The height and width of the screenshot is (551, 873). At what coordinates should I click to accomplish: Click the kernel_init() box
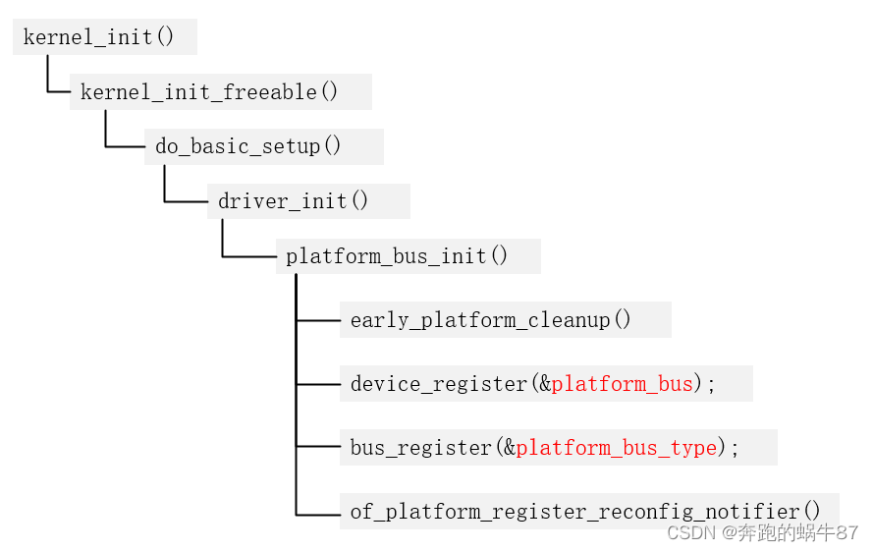pyautogui.click(x=99, y=37)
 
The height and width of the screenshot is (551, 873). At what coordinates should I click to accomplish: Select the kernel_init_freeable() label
pyautogui.click(x=209, y=92)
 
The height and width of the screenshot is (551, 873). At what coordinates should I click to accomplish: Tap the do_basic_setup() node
pyautogui.click(x=248, y=147)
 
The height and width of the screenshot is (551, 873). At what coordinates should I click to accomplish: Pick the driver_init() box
pyautogui.click(x=294, y=201)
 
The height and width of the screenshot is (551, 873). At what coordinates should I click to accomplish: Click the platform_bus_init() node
pyautogui.click(x=398, y=256)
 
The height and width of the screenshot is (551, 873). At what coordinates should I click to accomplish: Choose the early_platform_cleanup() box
pyautogui.click(x=491, y=320)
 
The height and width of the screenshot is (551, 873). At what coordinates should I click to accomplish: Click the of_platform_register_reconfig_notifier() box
pyautogui.click(x=585, y=512)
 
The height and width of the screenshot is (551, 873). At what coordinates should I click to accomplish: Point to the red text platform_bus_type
pyautogui.click(x=616, y=448)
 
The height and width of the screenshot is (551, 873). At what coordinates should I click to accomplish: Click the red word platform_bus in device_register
pyautogui.click(x=622, y=384)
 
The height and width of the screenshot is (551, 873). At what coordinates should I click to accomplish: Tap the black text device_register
pyautogui.click(x=439, y=384)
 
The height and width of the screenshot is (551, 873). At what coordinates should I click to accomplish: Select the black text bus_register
pyautogui.click(x=420, y=448)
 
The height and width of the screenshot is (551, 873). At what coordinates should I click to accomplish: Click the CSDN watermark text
pyautogui.click(x=691, y=532)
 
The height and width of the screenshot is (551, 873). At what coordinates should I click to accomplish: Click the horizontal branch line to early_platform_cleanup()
pyautogui.click(x=317, y=320)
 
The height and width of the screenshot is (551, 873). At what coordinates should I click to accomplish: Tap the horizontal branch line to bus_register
pyautogui.click(x=317, y=447)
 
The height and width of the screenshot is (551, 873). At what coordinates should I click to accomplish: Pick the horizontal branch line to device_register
pyautogui.click(x=317, y=384)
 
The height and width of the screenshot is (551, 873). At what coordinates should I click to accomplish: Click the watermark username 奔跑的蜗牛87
pyautogui.click(x=799, y=532)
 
